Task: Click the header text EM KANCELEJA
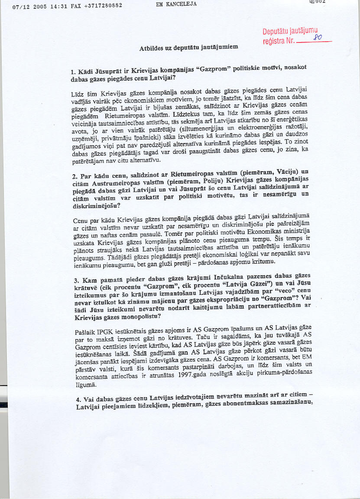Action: click(176, 4)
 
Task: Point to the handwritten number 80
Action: click(317, 38)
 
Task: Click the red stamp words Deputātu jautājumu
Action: click(293, 32)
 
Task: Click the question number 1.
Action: click(73, 71)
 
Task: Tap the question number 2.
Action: click(73, 176)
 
